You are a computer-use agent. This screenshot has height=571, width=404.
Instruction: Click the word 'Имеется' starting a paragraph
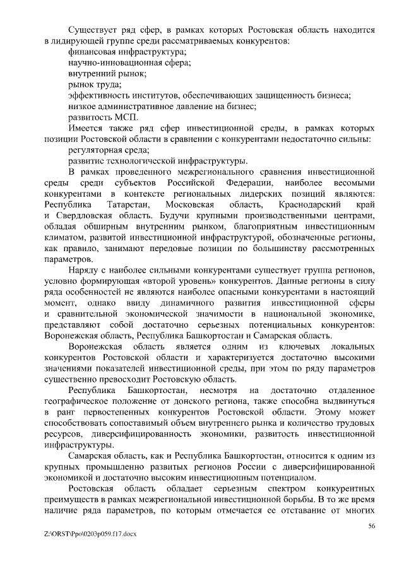coord(88,128)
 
